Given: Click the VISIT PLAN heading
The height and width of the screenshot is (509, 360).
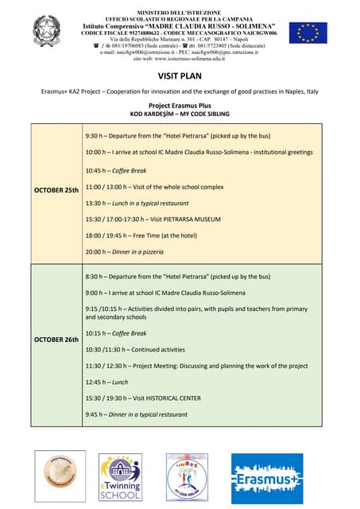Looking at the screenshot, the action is point(180,76).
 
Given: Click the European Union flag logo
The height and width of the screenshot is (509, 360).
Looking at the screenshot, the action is point(308,33).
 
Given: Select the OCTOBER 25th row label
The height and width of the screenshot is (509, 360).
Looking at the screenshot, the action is point(56,191).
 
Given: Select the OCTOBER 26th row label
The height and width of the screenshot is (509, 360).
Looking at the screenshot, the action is point(56,340).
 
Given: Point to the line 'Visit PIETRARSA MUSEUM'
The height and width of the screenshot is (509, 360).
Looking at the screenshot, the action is point(153,219).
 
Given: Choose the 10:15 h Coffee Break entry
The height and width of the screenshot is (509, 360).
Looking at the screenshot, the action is point(116,333).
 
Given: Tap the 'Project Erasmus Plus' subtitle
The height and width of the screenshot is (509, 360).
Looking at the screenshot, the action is point(180,105).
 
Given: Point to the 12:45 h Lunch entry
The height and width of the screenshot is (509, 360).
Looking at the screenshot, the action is point(106,382).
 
